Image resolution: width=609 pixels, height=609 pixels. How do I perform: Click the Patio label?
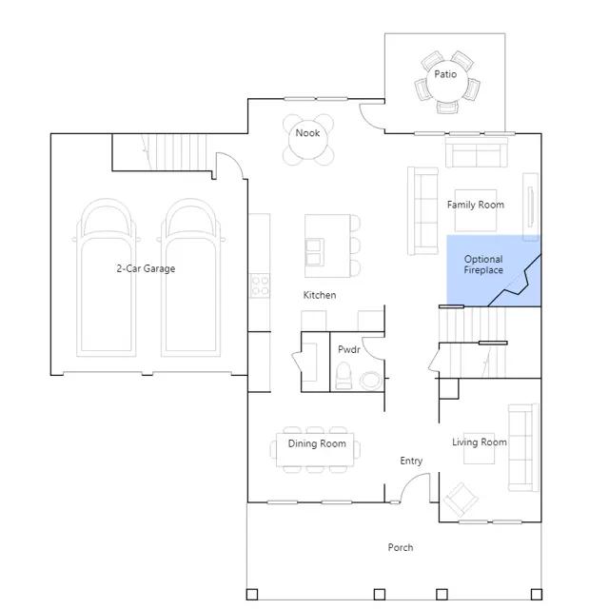(445, 74)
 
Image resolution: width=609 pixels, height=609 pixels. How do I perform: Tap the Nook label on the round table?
(307, 133)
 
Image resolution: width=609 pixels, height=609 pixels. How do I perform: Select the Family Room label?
(476, 205)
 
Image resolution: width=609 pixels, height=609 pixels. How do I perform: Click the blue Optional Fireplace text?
(483, 265)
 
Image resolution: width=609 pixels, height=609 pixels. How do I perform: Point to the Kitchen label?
(320, 295)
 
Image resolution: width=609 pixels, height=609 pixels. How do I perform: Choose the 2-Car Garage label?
(146, 268)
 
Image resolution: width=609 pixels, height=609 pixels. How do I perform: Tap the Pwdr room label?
(349, 349)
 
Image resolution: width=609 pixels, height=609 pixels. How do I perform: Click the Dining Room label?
(317, 443)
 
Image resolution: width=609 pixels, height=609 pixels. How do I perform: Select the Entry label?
(411, 461)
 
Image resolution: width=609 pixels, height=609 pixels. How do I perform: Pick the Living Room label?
(480, 442)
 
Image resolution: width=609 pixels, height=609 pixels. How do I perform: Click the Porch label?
(401, 547)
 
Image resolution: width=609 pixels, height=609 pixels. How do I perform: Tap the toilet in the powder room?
(344, 376)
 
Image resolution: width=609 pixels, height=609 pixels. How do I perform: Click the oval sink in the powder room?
(370, 381)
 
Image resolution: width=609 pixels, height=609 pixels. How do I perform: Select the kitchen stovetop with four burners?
(260, 285)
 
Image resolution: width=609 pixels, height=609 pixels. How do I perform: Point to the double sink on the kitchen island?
(315, 252)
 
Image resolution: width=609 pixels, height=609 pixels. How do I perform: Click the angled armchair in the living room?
(461, 500)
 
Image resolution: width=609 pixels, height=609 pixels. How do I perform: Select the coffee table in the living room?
(479, 448)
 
